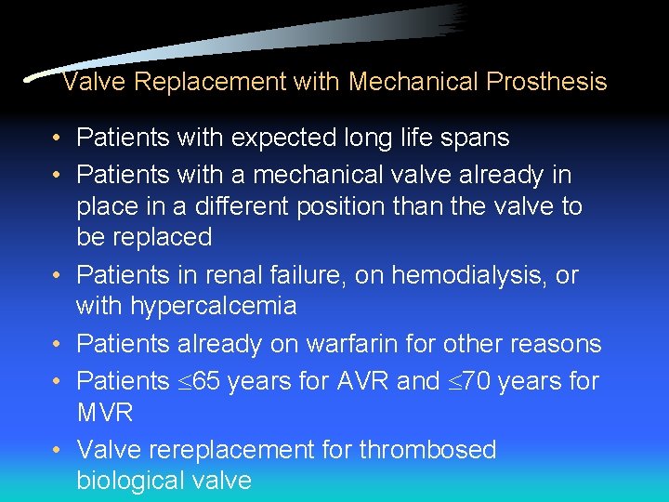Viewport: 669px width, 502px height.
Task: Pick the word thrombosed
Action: [x=428, y=450]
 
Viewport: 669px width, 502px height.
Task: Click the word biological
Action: [x=135, y=481]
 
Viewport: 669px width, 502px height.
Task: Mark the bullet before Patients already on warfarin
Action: [x=58, y=345]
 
